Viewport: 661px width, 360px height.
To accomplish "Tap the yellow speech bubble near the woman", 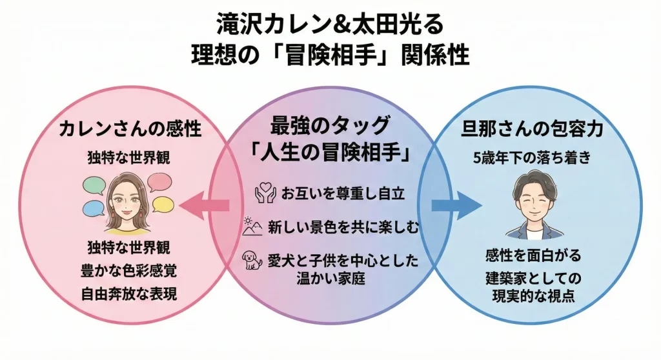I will tap(162, 204).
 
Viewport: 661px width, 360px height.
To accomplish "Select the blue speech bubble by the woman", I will tap(94, 208).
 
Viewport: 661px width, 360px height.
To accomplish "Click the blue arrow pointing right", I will tap(456, 205).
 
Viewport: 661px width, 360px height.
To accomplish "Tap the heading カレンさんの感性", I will tap(129, 129).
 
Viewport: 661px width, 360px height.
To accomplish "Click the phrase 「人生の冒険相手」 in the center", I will tap(330, 154).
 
